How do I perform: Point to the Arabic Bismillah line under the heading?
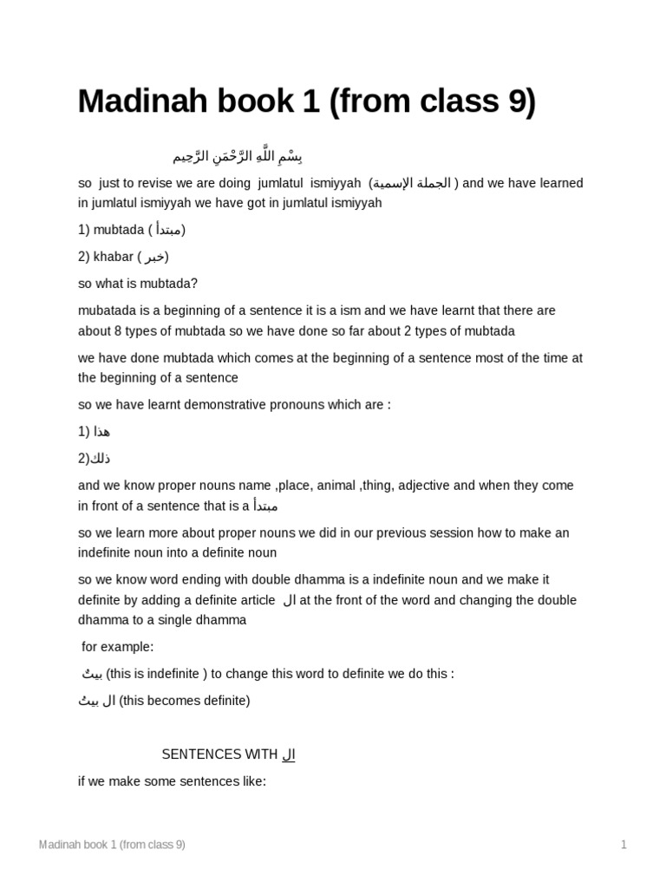(x=238, y=157)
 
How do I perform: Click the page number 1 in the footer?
(x=623, y=845)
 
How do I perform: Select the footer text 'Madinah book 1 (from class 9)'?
(x=112, y=845)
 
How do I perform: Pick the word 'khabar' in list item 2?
(x=111, y=257)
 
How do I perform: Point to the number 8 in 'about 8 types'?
(x=118, y=331)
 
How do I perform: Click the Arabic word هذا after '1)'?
(x=101, y=432)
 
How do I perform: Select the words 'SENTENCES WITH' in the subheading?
(x=219, y=754)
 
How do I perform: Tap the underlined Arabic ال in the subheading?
(x=289, y=754)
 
